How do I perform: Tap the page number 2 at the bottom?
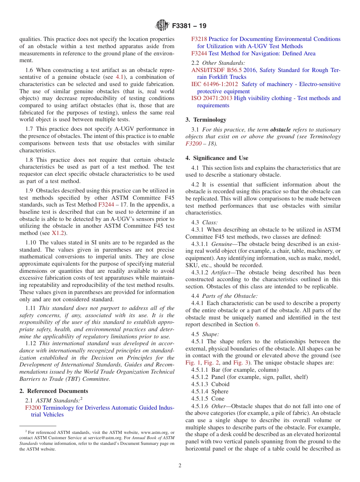click(180, 466)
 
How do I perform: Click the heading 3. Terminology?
click(206, 120)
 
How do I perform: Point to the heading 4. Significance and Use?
click(217, 158)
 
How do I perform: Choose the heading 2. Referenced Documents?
click(53, 391)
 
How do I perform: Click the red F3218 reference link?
click(199, 39)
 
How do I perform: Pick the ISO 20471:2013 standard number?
click(211, 98)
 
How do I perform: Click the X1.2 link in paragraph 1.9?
click(58, 233)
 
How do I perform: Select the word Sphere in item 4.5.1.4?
click(220, 391)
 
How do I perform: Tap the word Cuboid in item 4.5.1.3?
click(220, 384)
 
